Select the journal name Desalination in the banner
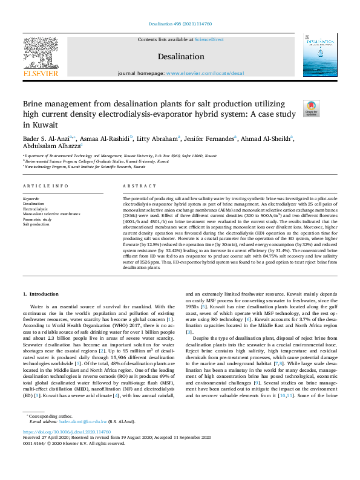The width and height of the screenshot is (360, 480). (x=180, y=56)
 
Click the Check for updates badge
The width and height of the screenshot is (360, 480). (x=312, y=108)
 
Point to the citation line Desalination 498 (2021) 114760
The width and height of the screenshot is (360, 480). (x=180, y=24)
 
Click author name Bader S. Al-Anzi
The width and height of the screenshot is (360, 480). (x=46, y=138)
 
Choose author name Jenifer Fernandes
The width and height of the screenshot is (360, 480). (x=212, y=138)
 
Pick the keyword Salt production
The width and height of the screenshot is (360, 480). (x=36, y=223)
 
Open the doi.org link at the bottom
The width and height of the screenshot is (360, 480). (x=66, y=449)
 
